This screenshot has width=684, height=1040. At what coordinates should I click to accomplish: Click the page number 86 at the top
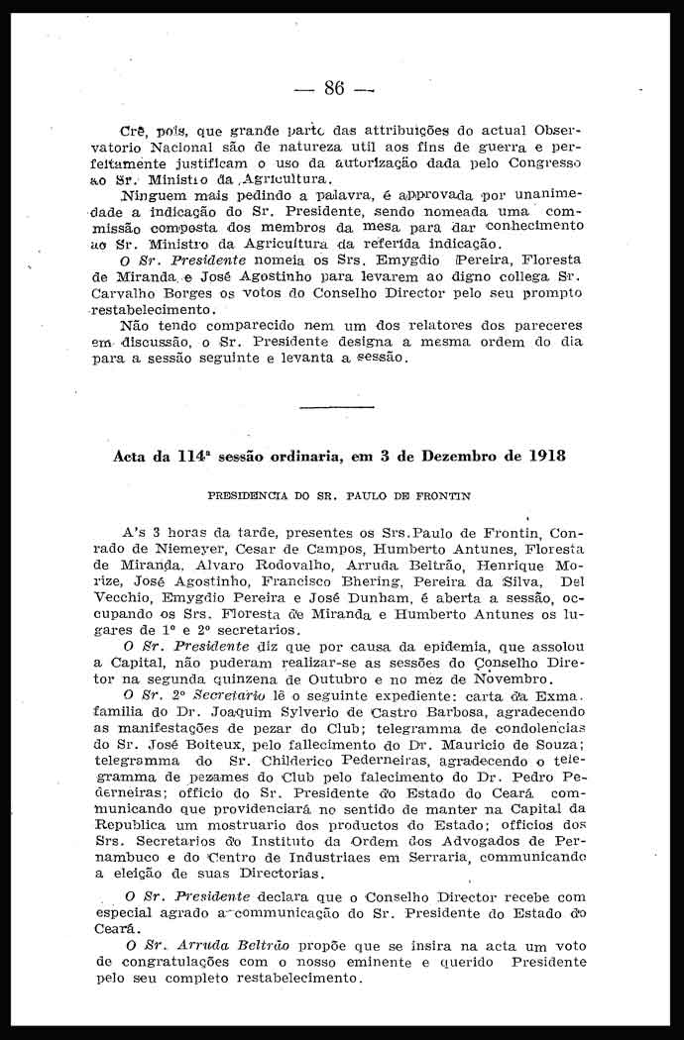(x=333, y=88)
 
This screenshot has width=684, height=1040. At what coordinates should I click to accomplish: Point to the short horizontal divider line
(x=336, y=407)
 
